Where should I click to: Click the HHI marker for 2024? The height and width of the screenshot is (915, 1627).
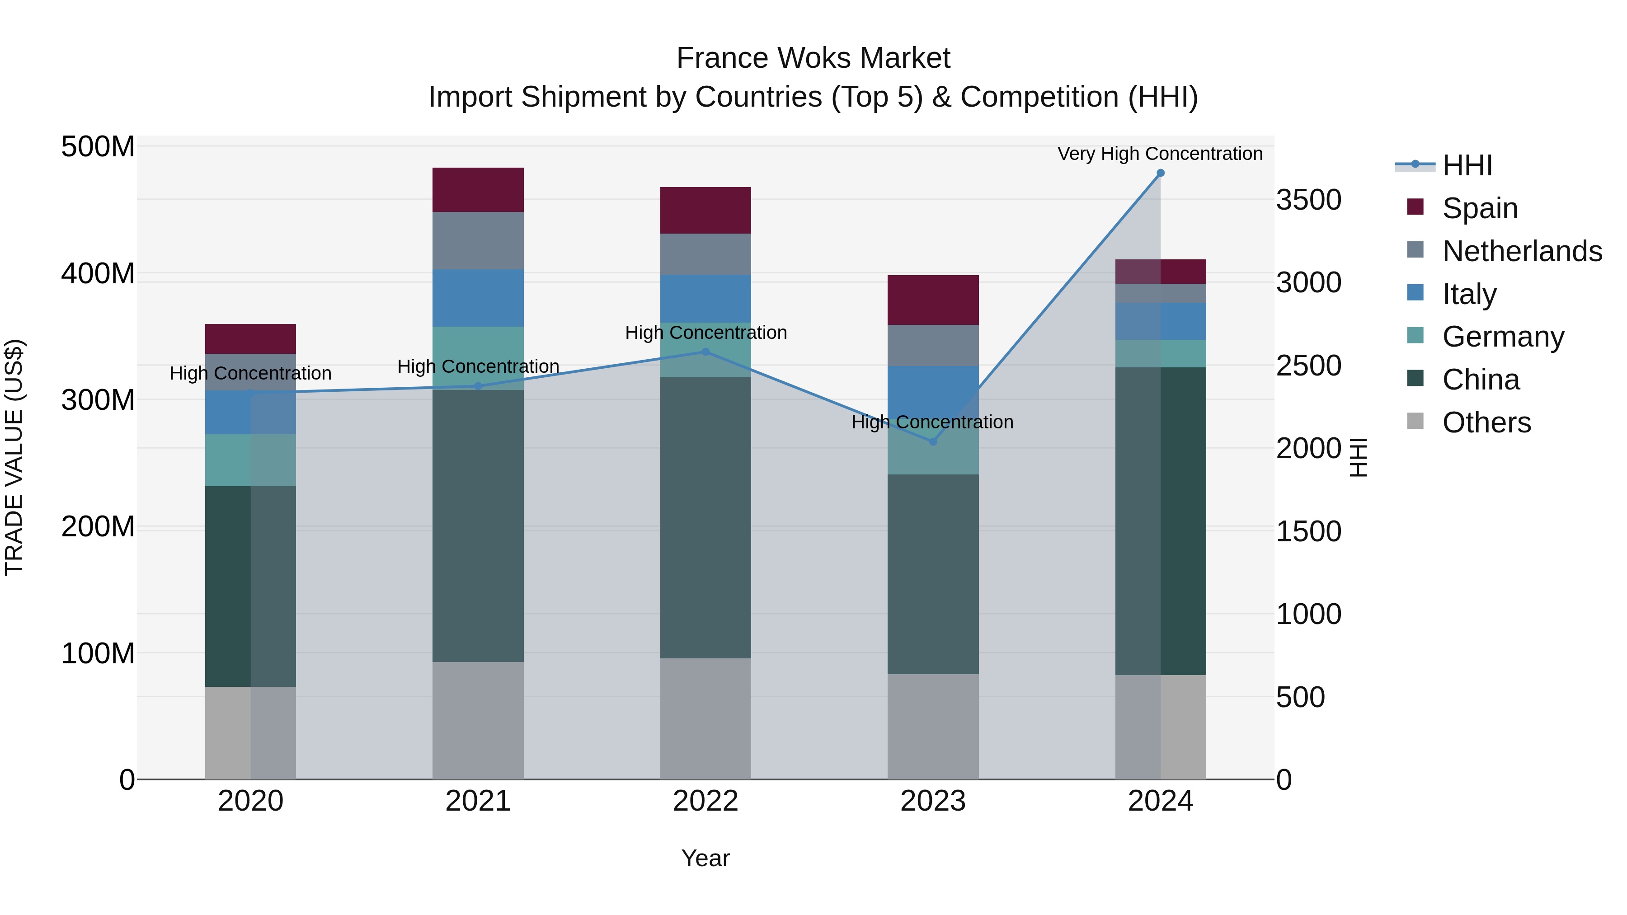point(1160,173)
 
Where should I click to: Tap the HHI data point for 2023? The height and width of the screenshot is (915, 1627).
point(933,441)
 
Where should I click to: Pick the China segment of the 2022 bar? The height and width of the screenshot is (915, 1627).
point(705,518)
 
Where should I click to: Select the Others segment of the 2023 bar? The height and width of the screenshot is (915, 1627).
point(933,726)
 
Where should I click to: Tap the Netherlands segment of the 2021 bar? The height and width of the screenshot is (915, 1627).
point(478,240)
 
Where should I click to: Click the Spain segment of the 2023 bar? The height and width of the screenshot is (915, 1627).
point(933,300)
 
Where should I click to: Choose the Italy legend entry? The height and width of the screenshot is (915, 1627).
point(1469,294)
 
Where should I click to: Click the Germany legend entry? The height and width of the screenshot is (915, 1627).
point(1503,337)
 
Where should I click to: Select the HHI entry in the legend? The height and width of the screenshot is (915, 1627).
point(1467,165)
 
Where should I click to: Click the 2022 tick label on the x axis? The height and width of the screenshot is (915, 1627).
point(705,801)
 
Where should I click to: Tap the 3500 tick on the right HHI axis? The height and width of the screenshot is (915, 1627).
point(1309,200)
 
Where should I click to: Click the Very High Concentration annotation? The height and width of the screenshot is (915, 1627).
point(1160,154)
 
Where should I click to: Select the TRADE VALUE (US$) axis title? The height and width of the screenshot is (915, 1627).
point(14,457)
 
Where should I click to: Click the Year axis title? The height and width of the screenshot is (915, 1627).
point(705,858)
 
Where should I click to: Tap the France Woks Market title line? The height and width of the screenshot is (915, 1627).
point(813,58)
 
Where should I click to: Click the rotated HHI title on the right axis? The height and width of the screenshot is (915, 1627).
point(1359,457)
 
